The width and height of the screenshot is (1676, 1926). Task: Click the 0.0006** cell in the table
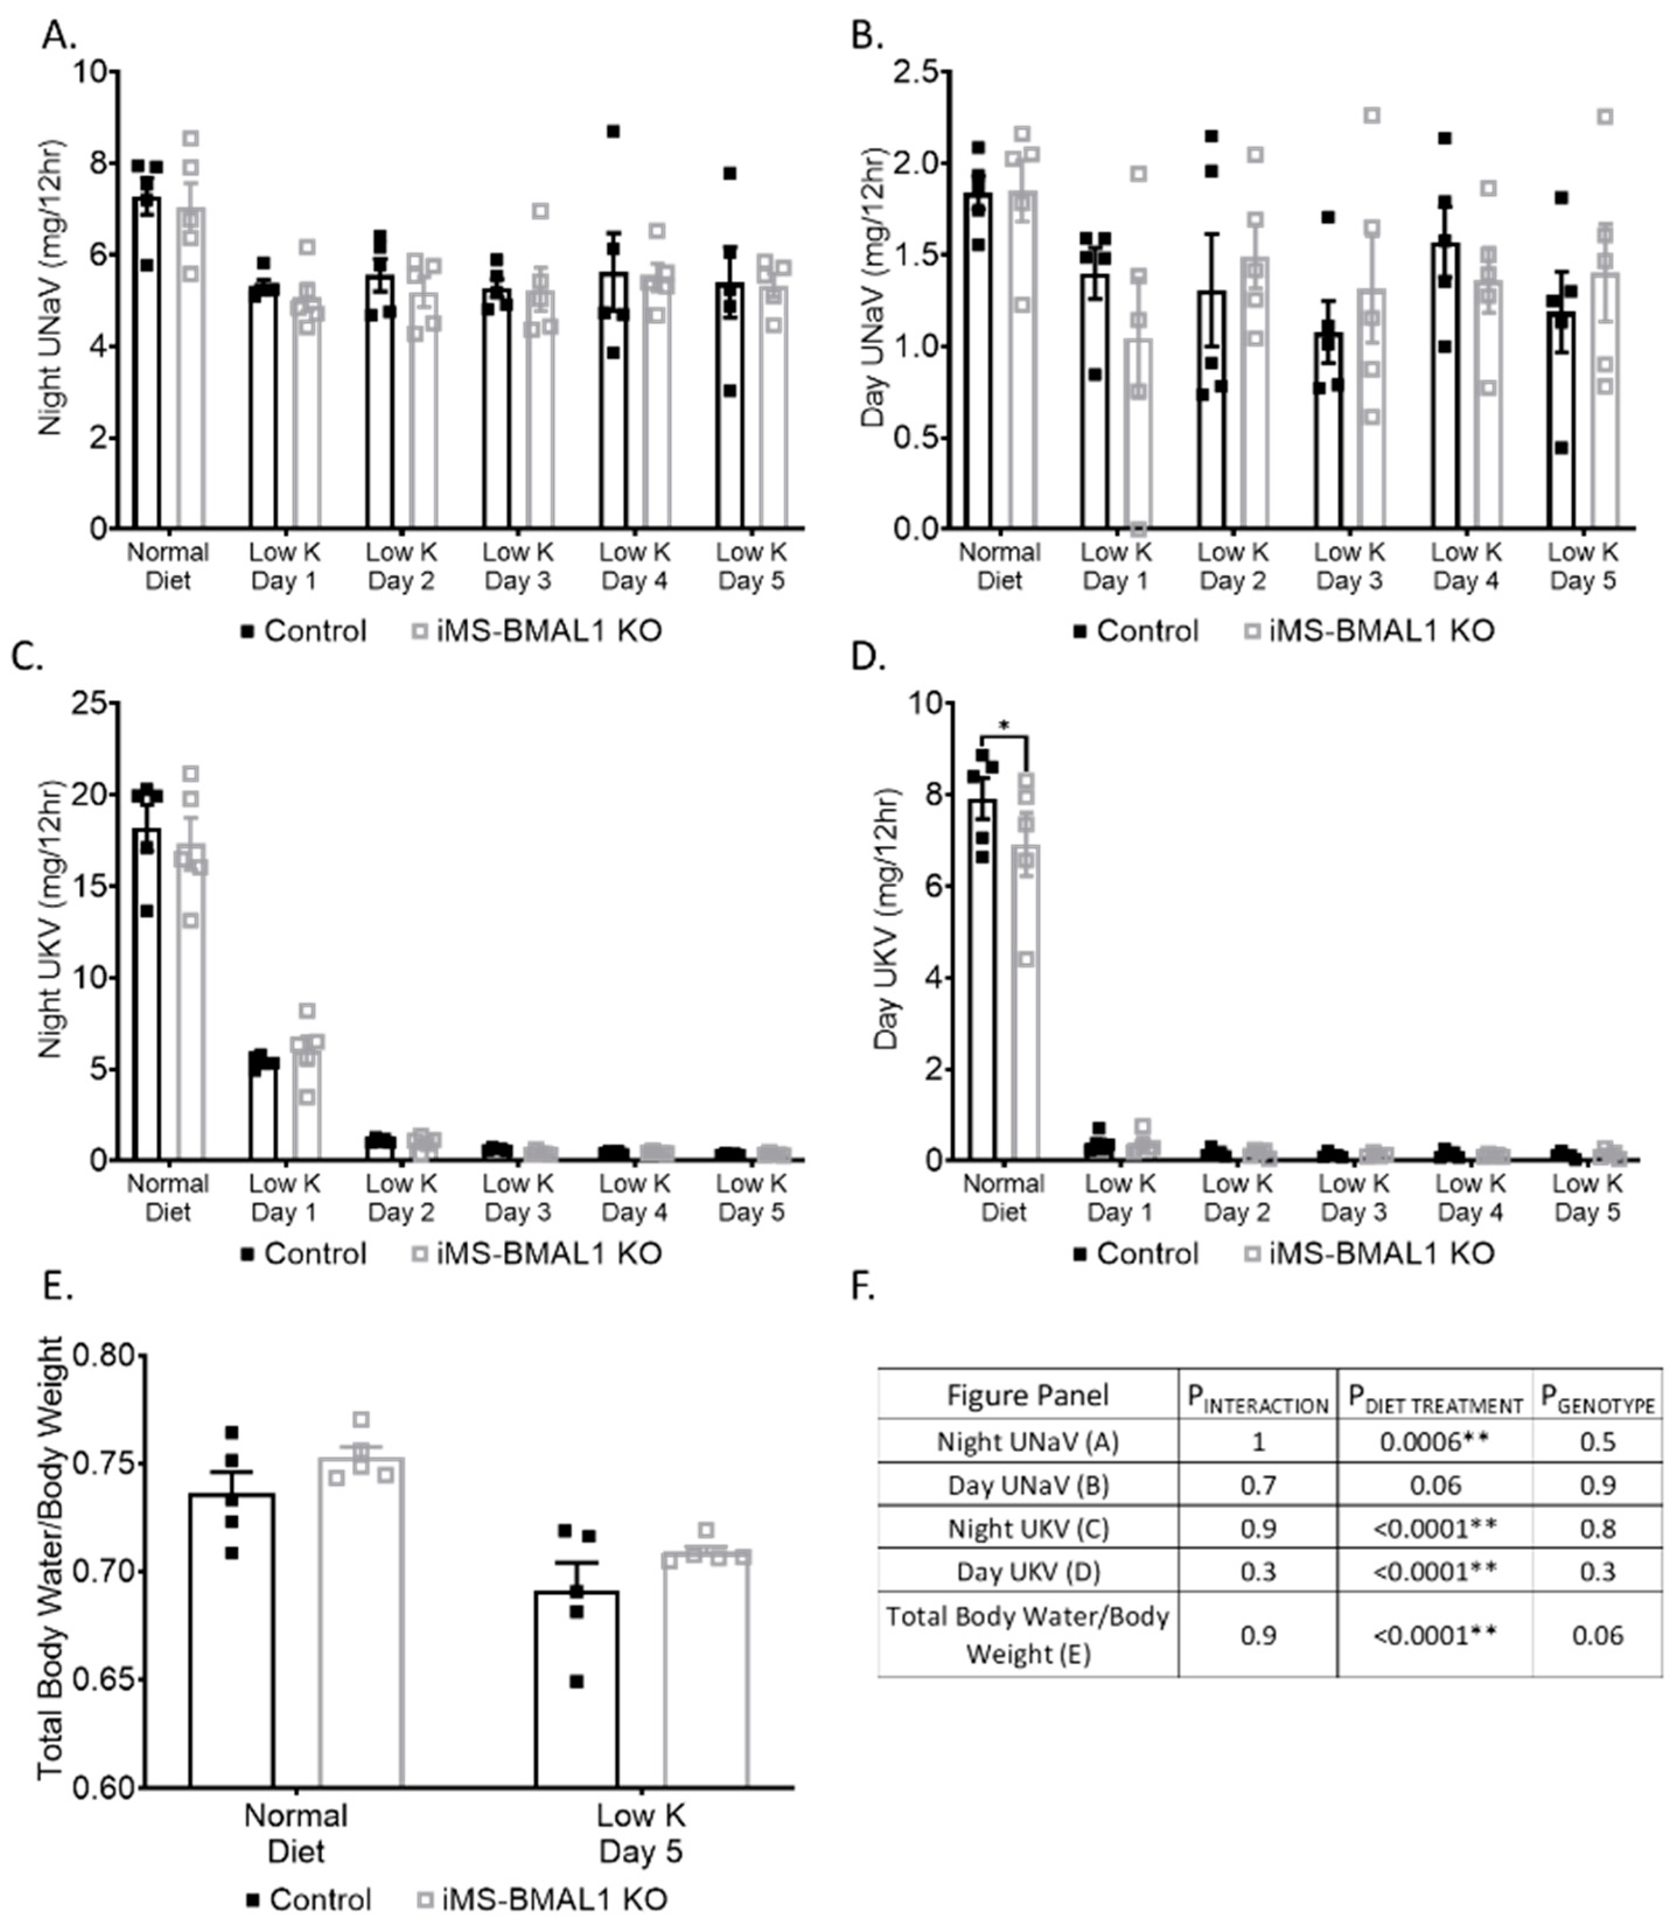coord(1434,1442)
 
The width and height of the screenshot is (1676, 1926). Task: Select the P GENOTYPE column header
coord(1597,1397)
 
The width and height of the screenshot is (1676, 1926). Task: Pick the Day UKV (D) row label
coord(1027,1571)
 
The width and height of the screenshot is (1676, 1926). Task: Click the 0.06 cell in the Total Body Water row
coord(1597,1634)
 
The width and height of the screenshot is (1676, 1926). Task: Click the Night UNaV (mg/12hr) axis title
coord(51,299)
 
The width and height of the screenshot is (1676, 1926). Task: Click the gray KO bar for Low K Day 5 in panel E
coord(706,1684)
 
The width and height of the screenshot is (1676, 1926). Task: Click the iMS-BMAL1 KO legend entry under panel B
coord(1373,631)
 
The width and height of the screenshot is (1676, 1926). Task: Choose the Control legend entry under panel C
coord(304,1253)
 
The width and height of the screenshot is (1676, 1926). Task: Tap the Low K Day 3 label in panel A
coord(518,566)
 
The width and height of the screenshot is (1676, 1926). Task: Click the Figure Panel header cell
coord(1027,1396)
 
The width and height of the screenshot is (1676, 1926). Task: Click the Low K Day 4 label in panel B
coord(1465,566)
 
